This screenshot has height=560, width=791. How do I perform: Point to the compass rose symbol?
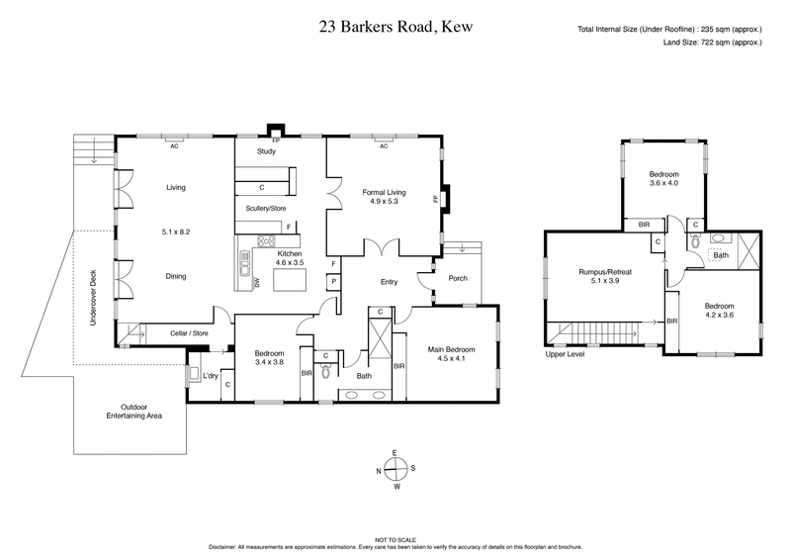click(x=395, y=469)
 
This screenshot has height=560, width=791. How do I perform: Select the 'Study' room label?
click(x=266, y=151)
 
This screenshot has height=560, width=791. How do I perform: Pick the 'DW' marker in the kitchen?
click(x=257, y=282)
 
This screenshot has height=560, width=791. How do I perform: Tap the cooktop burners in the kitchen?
click(x=267, y=240)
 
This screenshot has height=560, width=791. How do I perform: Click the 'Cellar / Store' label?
click(x=189, y=333)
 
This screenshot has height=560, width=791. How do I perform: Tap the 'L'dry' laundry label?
click(x=209, y=376)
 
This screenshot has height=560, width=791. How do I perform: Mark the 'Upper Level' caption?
click(x=565, y=353)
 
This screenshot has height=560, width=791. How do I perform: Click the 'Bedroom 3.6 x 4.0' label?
click(x=662, y=179)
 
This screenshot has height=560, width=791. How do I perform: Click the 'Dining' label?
click(x=176, y=277)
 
